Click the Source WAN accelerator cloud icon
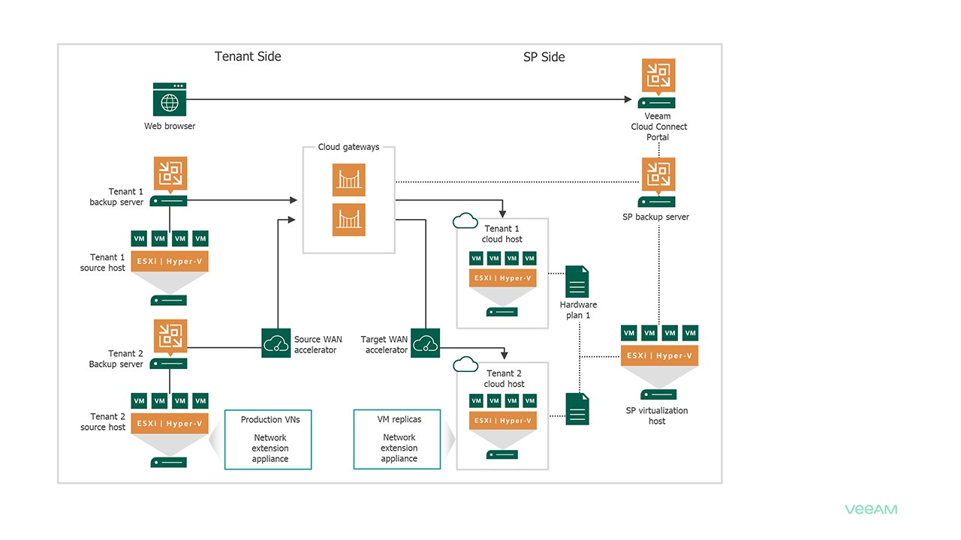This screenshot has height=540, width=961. click(276, 343)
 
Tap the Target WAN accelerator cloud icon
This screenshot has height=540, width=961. click(426, 343)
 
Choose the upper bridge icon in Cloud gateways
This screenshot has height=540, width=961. click(348, 180)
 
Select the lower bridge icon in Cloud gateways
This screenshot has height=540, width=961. click(348, 220)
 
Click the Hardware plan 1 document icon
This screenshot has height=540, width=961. click(577, 281)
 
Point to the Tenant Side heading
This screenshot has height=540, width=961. click(248, 56)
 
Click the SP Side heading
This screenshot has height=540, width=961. click(544, 57)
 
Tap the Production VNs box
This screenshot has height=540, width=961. click(269, 439)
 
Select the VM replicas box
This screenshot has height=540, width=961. click(398, 439)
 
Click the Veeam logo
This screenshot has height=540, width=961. click(871, 509)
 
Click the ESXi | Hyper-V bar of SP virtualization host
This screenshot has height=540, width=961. click(659, 355)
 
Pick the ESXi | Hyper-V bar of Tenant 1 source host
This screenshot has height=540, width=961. click(170, 262)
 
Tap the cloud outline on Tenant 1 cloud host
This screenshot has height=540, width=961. click(465, 220)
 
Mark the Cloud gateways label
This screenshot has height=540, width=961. click(348, 147)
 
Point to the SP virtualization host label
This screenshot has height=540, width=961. click(657, 415)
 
